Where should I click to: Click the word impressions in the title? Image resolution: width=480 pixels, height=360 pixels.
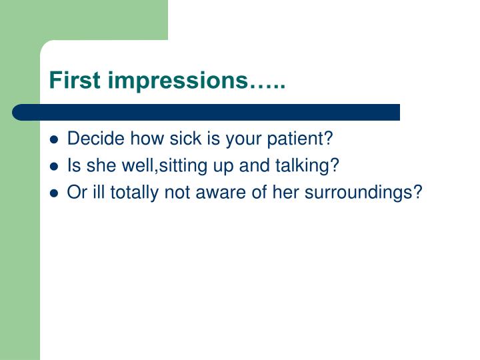coord(177,81)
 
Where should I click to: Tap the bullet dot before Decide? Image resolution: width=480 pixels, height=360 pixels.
coord(55,141)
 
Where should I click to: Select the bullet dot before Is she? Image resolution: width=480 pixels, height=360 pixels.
coord(55,167)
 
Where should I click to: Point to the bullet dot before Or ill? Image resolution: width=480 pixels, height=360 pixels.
coord(55,193)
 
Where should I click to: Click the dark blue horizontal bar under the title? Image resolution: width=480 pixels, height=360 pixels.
coord(206,112)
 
